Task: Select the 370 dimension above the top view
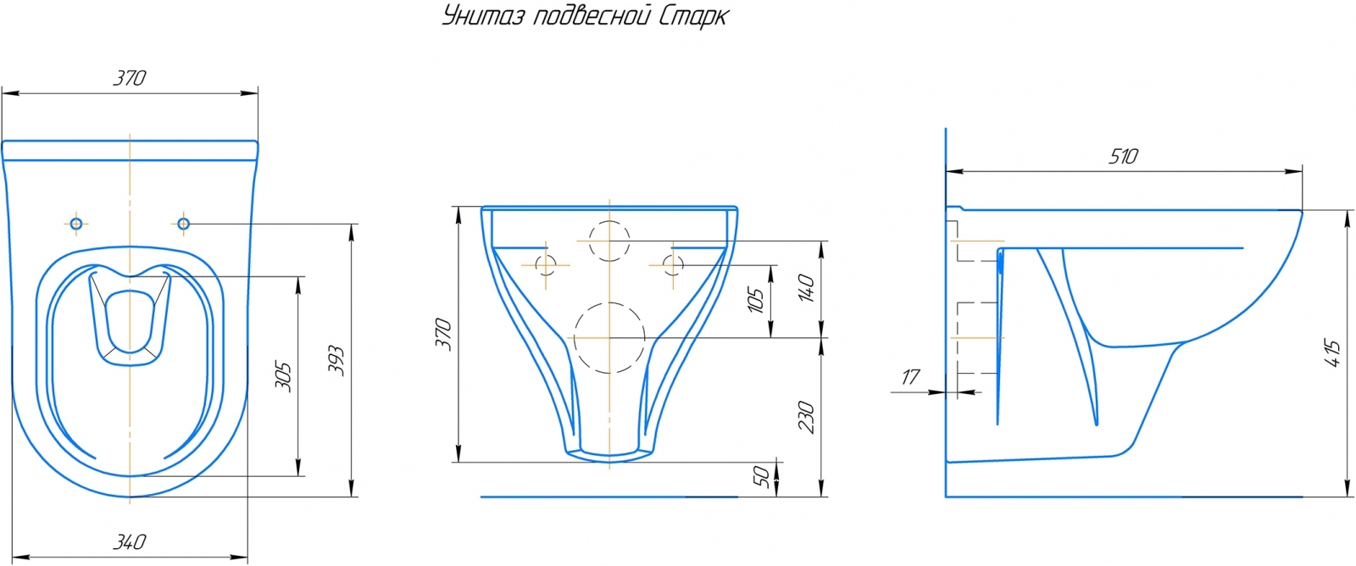(130, 77)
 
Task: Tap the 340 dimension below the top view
(130, 541)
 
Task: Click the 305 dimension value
(284, 376)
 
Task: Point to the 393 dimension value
(336, 360)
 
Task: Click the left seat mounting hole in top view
(76, 224)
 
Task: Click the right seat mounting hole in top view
(183, 224)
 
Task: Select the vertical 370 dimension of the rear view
(443, 334)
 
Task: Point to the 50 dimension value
(762, 477)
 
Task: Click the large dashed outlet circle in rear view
(609, 338)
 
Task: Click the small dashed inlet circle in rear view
(609, 240)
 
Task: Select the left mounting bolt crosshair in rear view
(546, 264)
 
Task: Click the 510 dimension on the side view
(1123, 157)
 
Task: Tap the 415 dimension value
(1332, 353)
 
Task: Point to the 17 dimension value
(910, 376)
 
